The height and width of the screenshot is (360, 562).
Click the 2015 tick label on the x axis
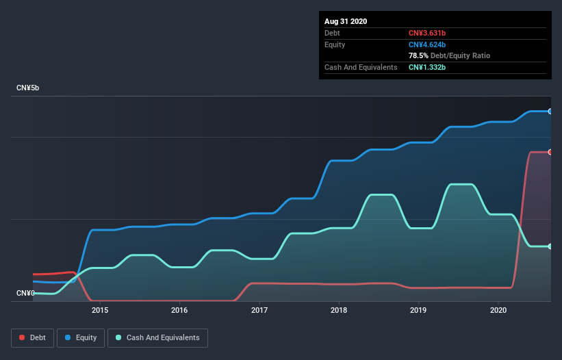[x=100, y=310]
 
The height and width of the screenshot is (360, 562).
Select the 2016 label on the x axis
[x=179, y=310]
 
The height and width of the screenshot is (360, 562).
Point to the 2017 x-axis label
[x=259, y=310]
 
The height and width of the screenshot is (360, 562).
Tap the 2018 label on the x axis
[x=339, y=310]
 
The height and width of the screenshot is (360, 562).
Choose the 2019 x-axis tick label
[x=419, y=310]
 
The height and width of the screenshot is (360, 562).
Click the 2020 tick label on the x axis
[x=498, y=310]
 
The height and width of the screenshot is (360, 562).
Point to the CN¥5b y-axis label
[x=27, y=88]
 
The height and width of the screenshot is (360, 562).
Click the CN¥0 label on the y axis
[x=25, y=294]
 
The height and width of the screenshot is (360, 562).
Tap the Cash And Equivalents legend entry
[x=157, y=338]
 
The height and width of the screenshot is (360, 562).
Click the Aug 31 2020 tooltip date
[x=346, y=21]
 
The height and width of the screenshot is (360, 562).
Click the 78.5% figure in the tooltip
[x=420, y=55]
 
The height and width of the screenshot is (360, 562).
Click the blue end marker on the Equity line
[x=550, y=111]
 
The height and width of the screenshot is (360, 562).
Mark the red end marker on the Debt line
[x=550, y=152]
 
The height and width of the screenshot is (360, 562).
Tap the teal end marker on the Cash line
[x=550, y=246]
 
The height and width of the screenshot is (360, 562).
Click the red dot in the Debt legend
[x=23, y=338]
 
